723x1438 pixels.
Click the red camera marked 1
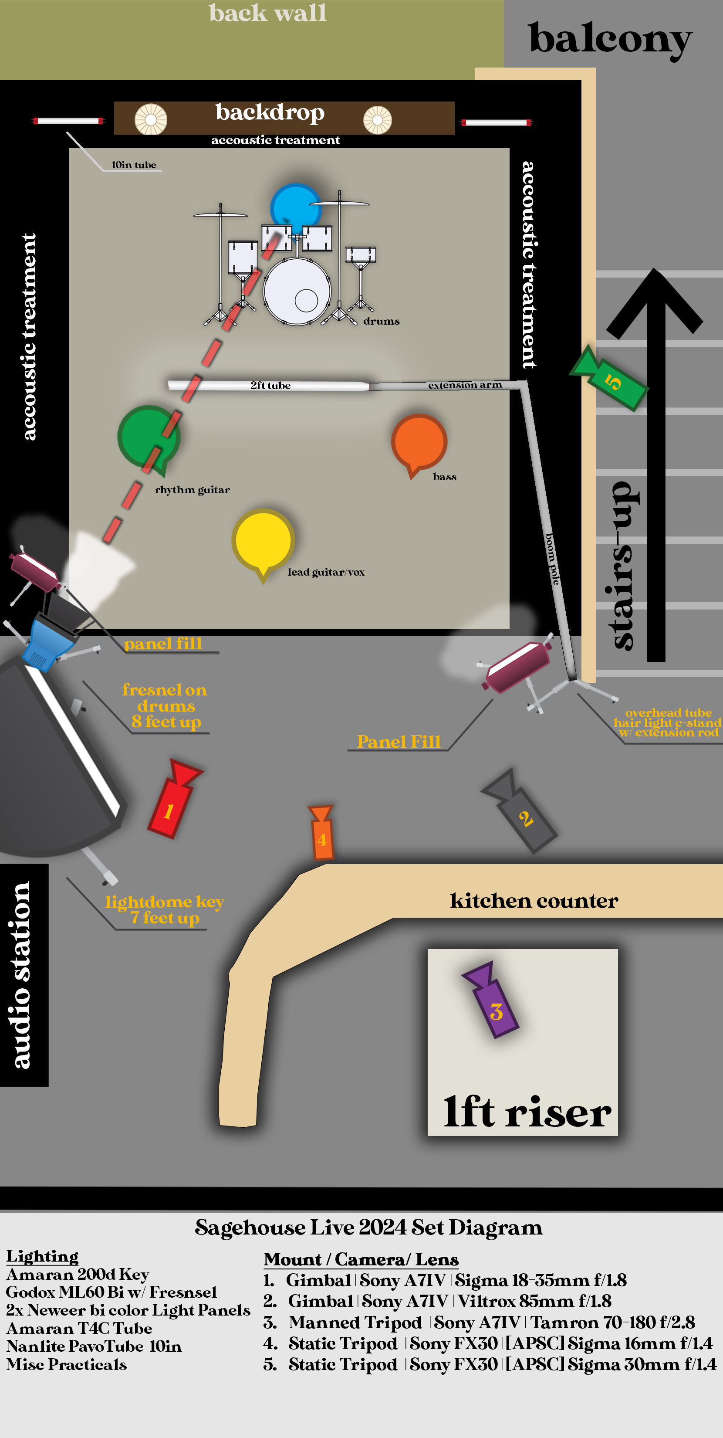(x=171, y=804)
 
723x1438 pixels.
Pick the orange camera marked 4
(x=322, y=834)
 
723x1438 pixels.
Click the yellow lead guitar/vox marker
(x=264, y=541)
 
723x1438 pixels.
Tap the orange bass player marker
(x=419, y=442)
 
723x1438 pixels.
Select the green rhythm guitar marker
(x=147, y=437)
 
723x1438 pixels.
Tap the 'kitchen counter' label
(x=534, y=900)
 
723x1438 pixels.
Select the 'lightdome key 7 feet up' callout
(x=164, y=910)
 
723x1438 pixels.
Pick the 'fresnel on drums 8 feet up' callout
(x=165, y=705)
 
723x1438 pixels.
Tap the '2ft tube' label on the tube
(x=270, y=385)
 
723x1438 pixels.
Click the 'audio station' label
(x=21, y=974)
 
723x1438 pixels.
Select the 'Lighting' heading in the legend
(x=42, y=1256)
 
